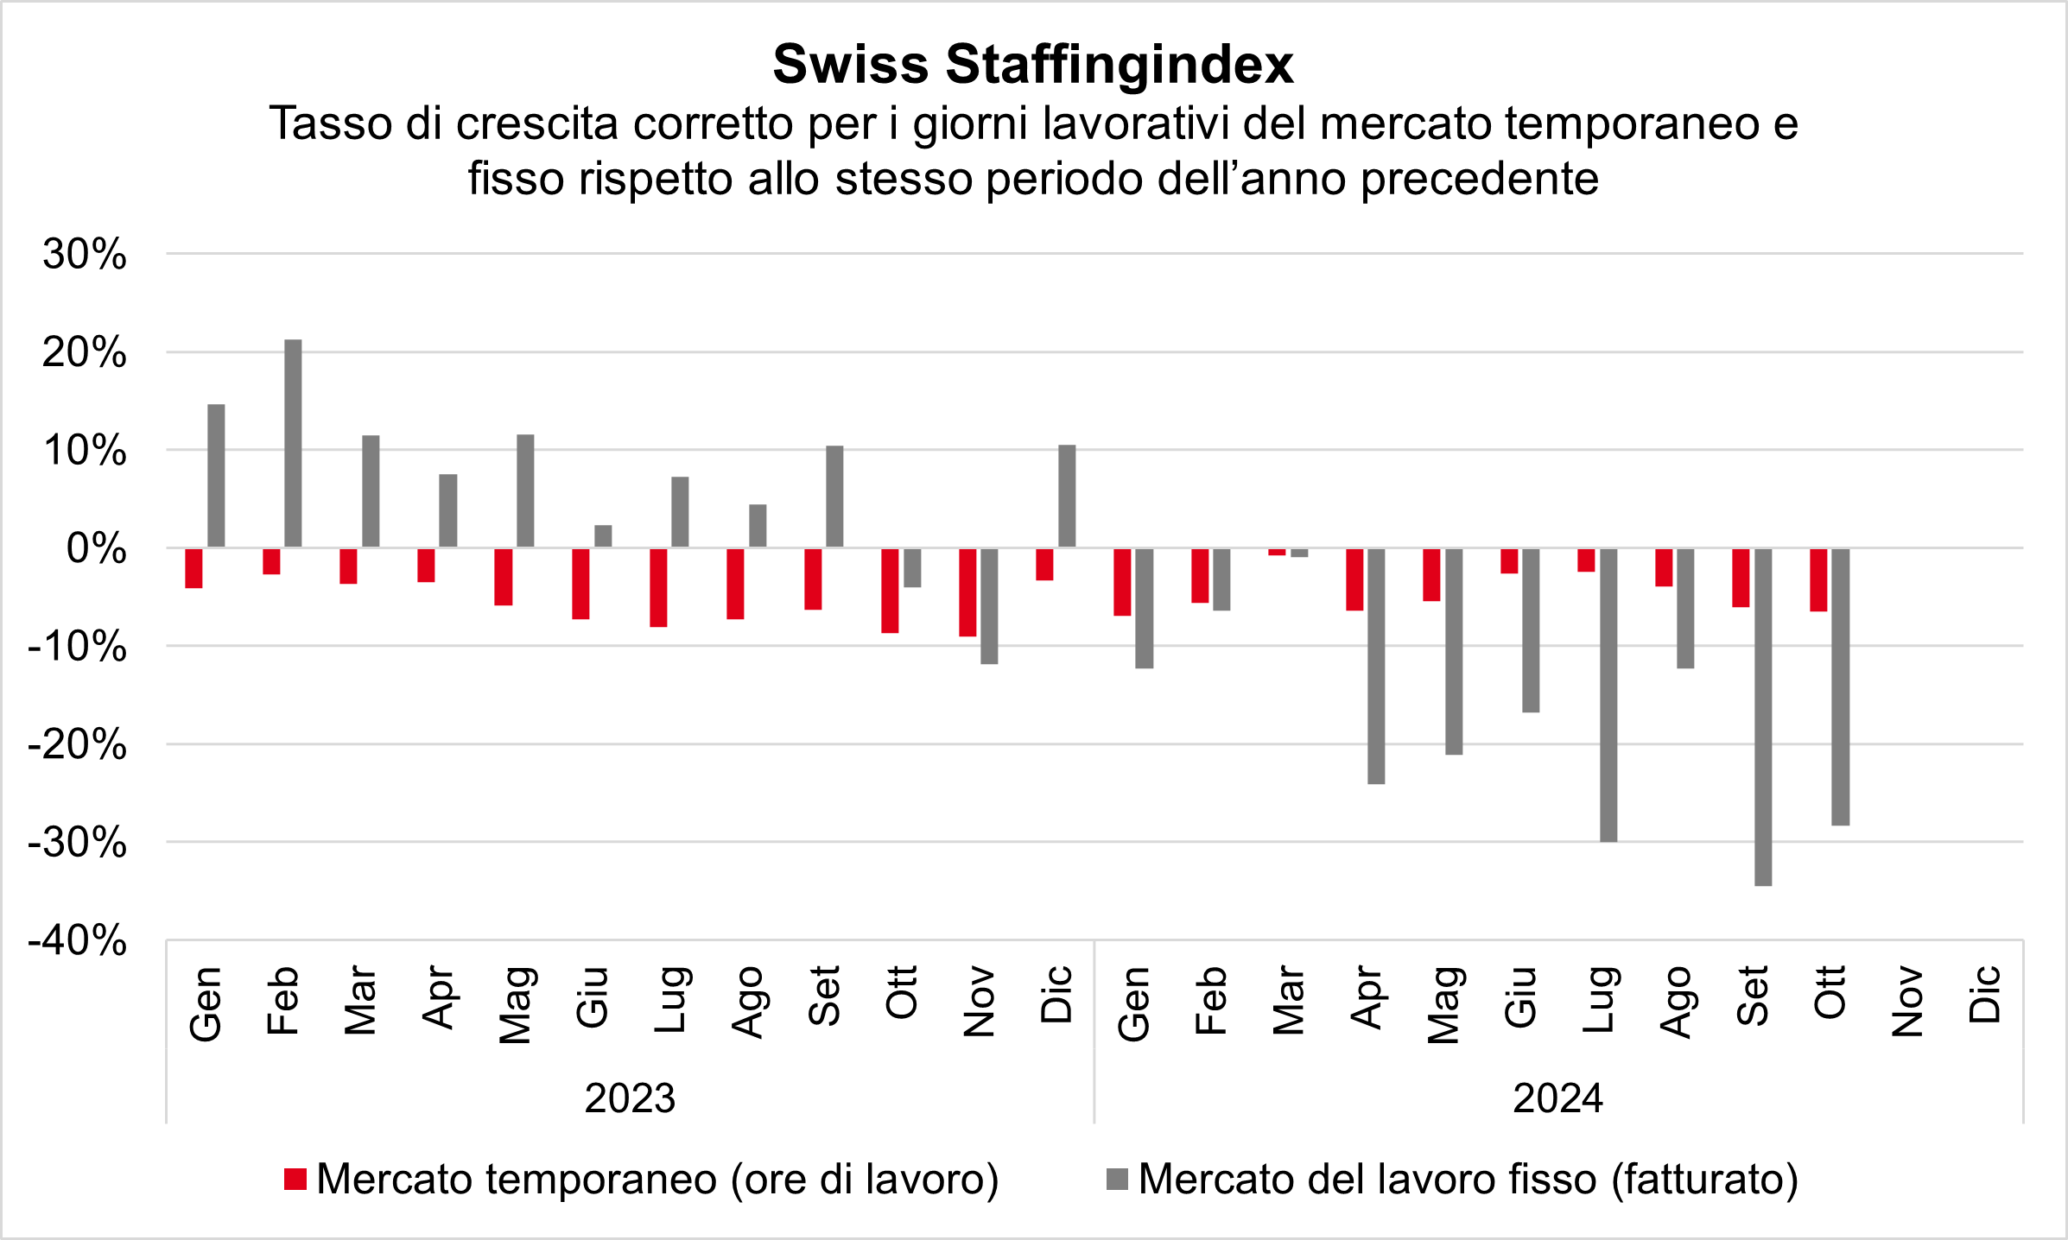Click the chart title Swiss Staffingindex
[x=1033, y=64]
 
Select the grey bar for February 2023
[x=293, y=443]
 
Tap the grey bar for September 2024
[x=1763, y=717]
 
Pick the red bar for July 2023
[x=658, y=587]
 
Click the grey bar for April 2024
[x=1376, y=666]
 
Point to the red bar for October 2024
[x=1818, y=579]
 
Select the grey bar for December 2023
[x=1067, y=496]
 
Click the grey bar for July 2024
[x=1608, y=694]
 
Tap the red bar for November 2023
[x=967, y=592]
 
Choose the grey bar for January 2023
[x=216, y=476]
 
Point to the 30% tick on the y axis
[x=85, y=255]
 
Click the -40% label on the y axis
[x=78, y=940]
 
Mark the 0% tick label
[x=96, y=548]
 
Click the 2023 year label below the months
[x=630, y=1098]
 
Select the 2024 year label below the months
[x=1557, y=1098]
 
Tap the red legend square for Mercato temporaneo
[x=295, y=1180]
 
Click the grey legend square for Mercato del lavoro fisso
[x=1117, y=1180]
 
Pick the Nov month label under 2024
[x=1907, y=1002]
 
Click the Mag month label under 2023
[x=516, y=1004]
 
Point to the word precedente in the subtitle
[x=1480, y=179]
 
